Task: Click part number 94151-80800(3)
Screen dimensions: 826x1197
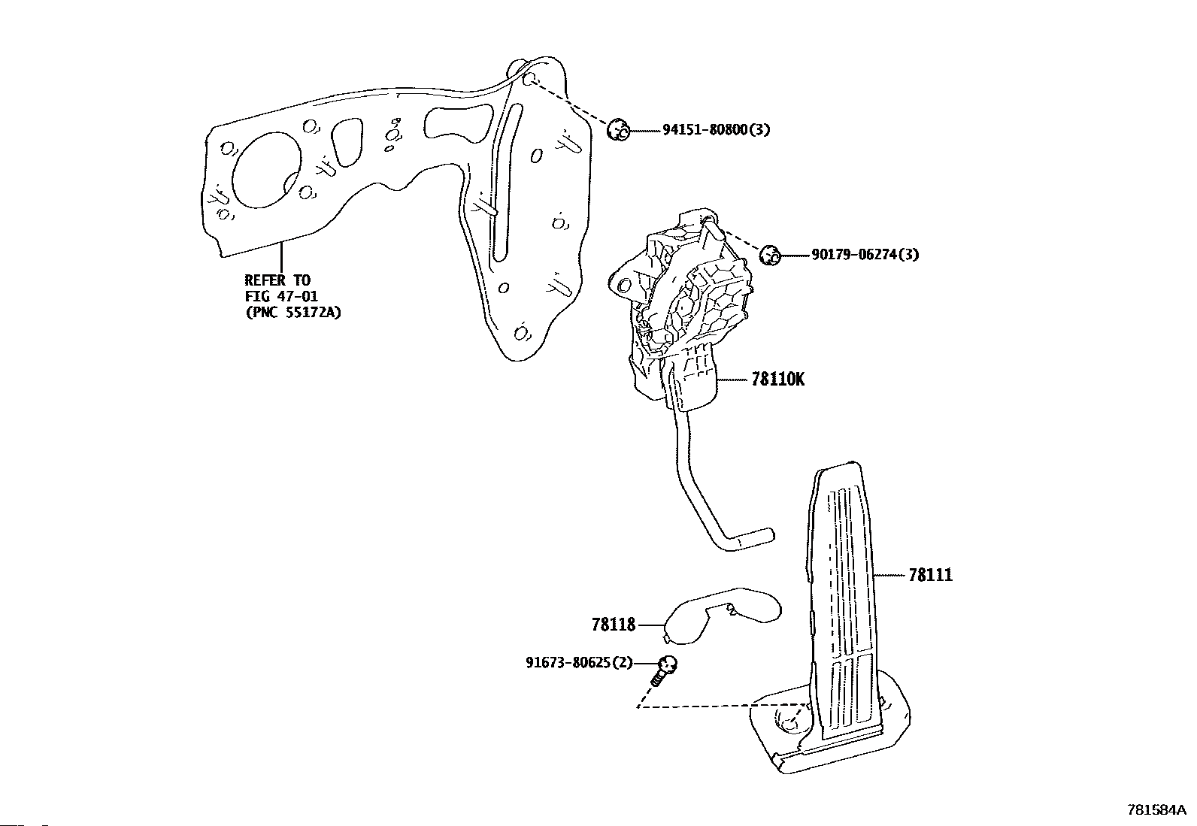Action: (715, 130)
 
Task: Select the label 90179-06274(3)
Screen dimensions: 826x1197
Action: (865, 255)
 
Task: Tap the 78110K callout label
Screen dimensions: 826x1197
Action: (777, 380)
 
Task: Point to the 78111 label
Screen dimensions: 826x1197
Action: (930, 575)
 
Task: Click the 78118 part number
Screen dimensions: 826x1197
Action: (613, 624)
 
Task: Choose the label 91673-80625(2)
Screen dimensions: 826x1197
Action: (579, 663)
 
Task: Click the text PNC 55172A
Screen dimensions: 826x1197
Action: (293, 312)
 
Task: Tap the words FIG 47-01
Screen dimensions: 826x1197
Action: (281, 296)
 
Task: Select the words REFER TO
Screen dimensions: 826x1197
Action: (277, 280)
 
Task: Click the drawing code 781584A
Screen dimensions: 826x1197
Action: (1156, 810)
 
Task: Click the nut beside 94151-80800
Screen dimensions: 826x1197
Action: (618, 130)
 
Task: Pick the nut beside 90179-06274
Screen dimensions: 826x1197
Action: (769, 255)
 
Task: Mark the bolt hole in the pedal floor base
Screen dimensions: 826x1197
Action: (788, 720)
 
